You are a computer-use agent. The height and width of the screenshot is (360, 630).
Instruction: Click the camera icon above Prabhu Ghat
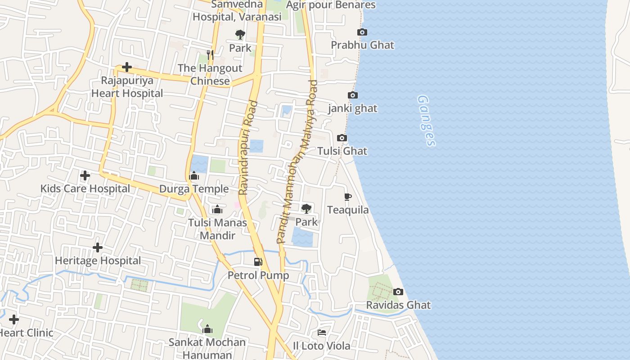point(362,32)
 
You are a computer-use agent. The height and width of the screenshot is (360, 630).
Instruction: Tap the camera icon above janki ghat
point(353,95)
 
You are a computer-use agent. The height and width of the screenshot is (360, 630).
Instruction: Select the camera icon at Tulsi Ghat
point(342,138)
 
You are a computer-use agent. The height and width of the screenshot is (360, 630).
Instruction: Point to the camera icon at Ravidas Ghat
point(398,292)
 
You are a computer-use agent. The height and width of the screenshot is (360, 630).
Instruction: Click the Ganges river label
point(426,120)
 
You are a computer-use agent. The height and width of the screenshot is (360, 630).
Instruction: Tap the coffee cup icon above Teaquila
point(347,197)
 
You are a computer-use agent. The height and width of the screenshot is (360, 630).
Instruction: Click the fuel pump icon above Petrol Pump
point(258,261)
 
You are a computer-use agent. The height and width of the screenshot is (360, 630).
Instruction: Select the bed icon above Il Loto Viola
point(322,333)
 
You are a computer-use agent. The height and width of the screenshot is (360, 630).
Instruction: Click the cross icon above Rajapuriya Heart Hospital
point(127,67)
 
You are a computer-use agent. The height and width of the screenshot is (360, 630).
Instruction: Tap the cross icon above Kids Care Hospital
point(85,175)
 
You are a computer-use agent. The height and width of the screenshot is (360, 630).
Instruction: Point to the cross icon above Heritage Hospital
point(98,247)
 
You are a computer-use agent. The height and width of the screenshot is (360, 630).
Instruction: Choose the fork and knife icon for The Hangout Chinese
point(210,54)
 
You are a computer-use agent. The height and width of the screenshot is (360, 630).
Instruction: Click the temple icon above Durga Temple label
point(194,175)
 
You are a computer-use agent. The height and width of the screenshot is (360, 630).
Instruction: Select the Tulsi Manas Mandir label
point(218,229)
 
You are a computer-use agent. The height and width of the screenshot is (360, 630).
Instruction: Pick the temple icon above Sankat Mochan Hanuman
point(207,329)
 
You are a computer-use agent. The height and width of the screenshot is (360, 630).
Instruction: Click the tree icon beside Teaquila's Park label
point(306,208)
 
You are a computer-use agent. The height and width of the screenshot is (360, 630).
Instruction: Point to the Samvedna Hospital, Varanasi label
point(237,10)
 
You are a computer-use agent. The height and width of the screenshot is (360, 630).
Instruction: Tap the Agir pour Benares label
point(331,5)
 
